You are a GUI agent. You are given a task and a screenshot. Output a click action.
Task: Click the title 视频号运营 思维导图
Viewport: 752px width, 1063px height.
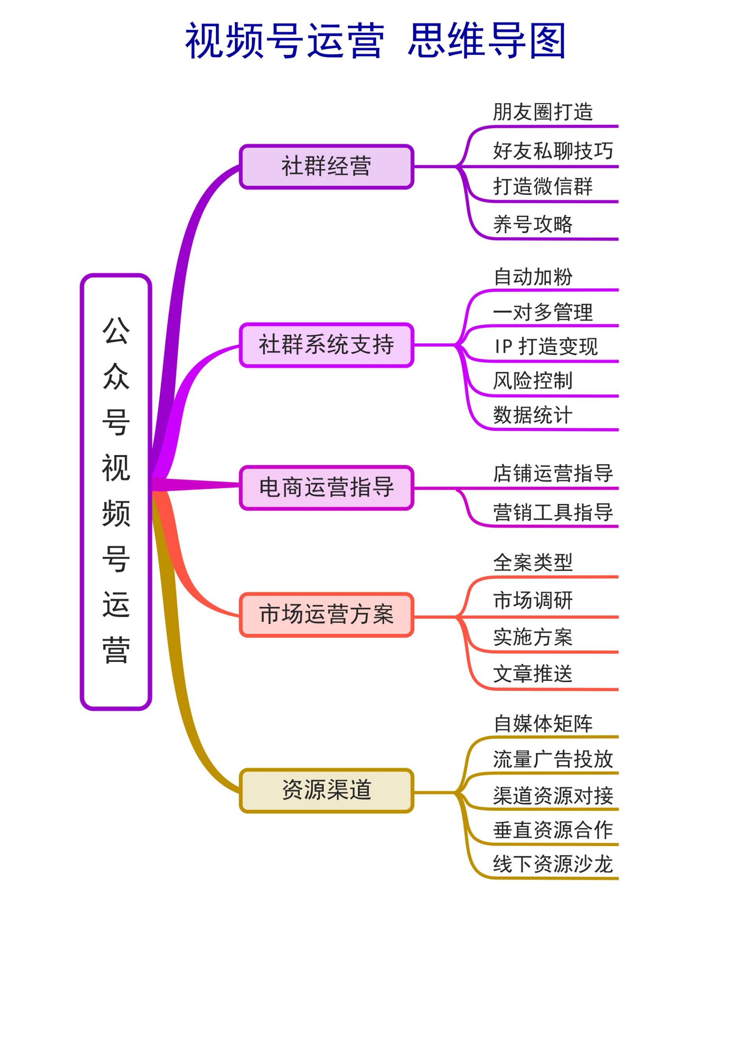[x=375, y=41]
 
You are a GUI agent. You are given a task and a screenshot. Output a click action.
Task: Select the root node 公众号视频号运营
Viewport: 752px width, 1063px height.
[x=116, y=491]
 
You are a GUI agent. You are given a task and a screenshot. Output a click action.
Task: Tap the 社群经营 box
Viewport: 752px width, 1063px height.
[x=326, y=166]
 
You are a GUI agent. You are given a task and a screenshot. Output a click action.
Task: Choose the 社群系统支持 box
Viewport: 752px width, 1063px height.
[x=326, y=345]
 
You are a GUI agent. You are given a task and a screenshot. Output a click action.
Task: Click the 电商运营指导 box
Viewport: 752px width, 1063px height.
[x=326, y=488]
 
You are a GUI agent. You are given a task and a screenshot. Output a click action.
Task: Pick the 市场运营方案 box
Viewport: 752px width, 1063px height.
[x=326, y=615]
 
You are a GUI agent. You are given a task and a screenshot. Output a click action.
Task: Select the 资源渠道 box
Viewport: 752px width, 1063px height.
[x=326, y=790]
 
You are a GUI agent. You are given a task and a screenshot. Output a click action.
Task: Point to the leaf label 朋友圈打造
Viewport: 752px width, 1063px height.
[x=543, y=112]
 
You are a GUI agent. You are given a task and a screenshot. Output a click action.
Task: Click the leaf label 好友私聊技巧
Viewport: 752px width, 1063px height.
[x=553, y=151]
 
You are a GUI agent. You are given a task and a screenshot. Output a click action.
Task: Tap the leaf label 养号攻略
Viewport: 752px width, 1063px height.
[x=533, y=225]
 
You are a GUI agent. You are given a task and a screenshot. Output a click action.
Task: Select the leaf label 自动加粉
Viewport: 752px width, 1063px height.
[x=533, y=277]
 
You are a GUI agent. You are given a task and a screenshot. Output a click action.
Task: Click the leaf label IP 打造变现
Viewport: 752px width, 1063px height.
[x=546, y=347]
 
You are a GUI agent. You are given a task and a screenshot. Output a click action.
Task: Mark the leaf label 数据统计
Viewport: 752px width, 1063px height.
[x=533, y=415]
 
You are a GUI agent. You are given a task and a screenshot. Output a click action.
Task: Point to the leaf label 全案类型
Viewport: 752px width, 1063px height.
[x=533, y=563]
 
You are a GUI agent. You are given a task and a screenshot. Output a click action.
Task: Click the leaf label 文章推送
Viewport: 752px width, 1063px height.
[x=533, y=674]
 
